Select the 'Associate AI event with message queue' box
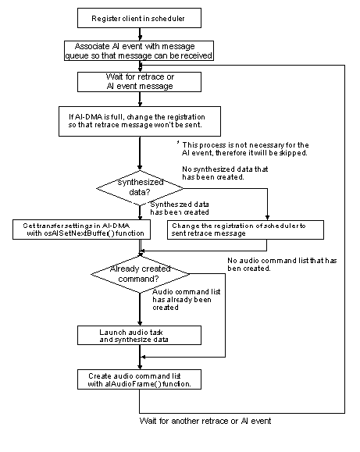pyautogui.click(x=140, y=50)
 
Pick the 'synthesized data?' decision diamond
pyautogui.click(x=140, y=188)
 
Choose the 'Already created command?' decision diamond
pyautogui.click(x=140, y=272)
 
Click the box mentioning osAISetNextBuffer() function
pyautogui.click(x=75, y=230)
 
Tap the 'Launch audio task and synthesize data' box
pyautogui.click(x=140, y=335)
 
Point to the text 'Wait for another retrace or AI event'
pyautogui.click(x=205, y=421)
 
